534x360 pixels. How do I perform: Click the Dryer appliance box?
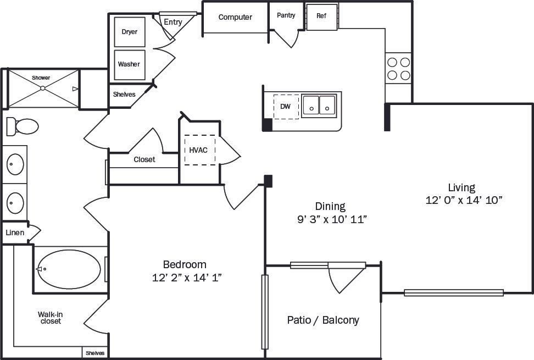click(x=130, y=32)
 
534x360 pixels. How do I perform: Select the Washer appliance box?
click(x=129, y=64)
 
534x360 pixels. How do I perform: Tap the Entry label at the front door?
click(x=173, y=22)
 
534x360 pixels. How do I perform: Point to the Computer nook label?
click(x=235, y=17)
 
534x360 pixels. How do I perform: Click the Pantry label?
click(x=286, y=15)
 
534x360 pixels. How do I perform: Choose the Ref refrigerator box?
click(x=321, y=16)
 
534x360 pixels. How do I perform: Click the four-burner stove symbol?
click(x=398, y=68)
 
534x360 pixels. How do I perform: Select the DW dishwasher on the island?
click(x=286, y=106)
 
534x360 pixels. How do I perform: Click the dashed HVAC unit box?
click(x=199, y=149)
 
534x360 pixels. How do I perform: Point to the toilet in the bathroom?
click(x=23, y=126)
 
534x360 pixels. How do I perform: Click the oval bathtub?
click(x=69, y=269)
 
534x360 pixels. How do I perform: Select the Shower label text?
click(x=41, y=78)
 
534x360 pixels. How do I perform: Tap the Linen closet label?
click(x=15, y=232)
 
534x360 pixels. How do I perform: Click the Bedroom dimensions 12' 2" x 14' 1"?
click(x=187, y=278)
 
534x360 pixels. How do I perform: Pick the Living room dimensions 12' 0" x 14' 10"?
click(x=464, y=200)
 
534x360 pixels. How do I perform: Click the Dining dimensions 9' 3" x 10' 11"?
click(x=330, y=219)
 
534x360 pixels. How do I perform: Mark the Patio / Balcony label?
click(x=323, y=320)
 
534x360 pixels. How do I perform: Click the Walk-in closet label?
click(x=49, y=318)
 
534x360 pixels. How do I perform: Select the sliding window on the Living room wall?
click(x=454, y=292)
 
